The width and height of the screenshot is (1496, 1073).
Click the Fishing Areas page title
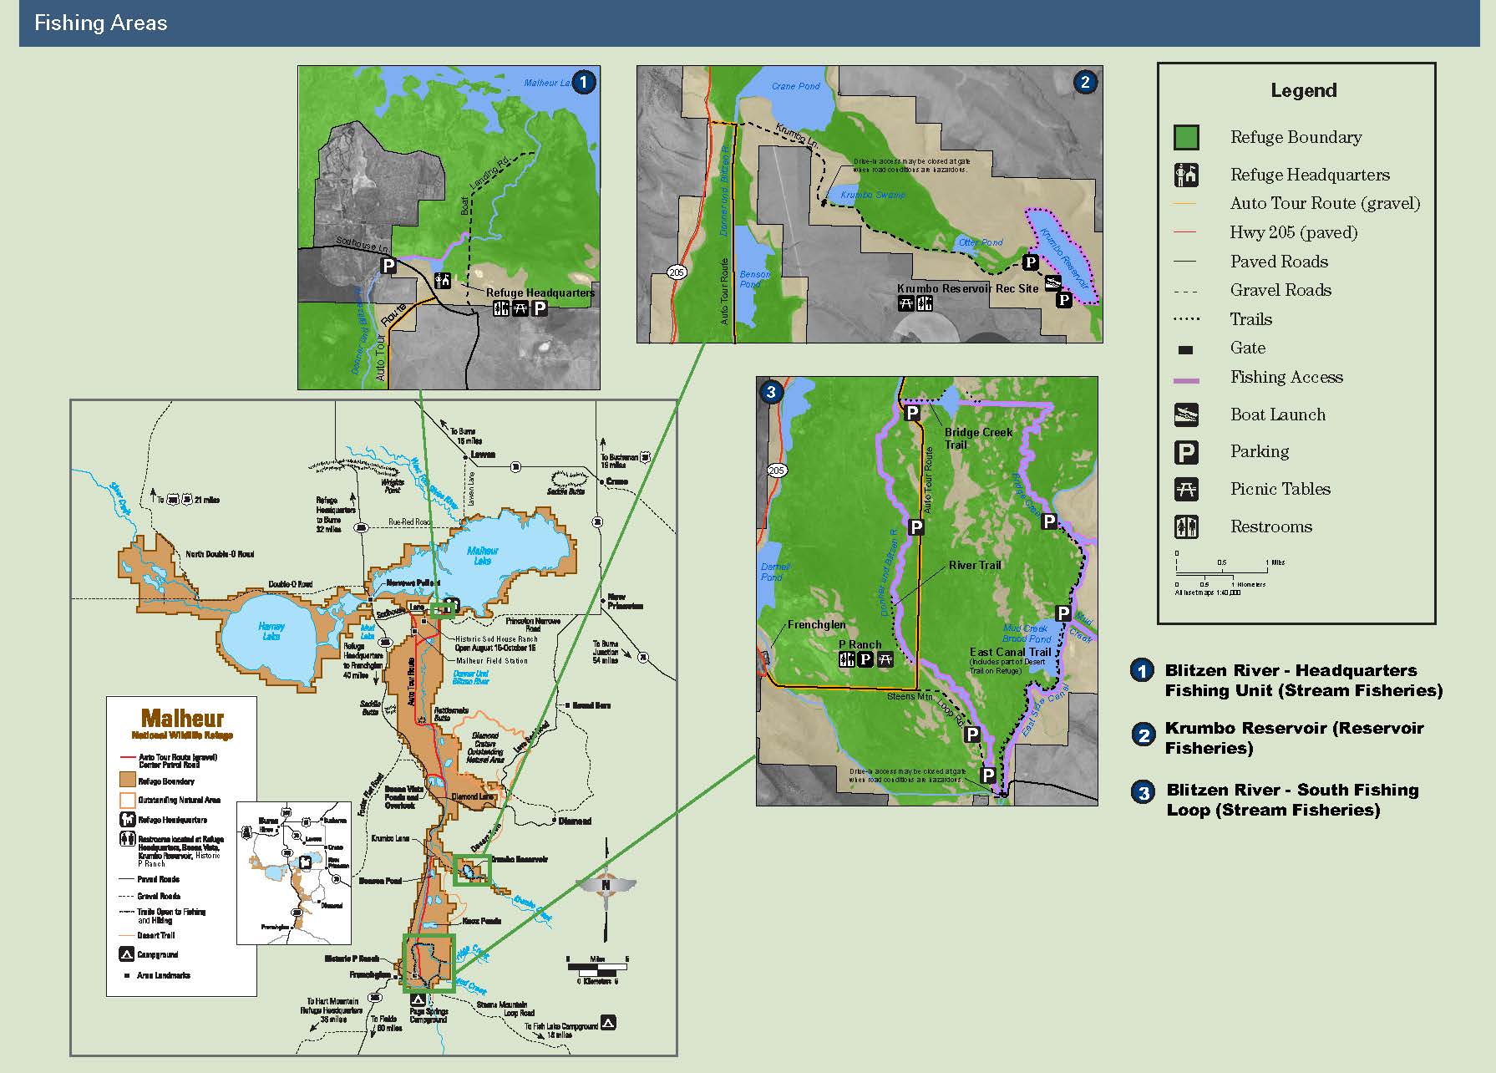click(x=100, y=23)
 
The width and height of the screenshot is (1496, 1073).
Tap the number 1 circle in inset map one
click(x=583, y=82)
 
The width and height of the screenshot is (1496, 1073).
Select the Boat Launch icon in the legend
click(x=1186, y=414)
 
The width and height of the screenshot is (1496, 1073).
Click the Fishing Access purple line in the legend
click(x=1186, y=380)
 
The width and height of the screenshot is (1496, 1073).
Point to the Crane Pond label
click(x=795, y=86)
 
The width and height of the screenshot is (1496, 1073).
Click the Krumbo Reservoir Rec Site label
click(x=967, y=288)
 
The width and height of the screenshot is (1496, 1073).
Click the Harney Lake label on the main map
click(x=271, y=631)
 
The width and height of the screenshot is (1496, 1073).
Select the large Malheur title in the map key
click(x=182, y=718)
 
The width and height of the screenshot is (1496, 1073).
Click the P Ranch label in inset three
click(x=860, y=644)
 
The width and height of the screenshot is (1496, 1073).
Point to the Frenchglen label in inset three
click(x=816, y=624)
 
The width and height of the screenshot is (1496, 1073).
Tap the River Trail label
click(x=974, y=565)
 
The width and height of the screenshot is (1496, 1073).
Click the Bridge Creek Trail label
click(x=977, y=438)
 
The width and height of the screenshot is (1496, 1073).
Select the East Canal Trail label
click(x=1010, y=652)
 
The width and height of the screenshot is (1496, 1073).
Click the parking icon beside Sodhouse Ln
click(x=388, y=266)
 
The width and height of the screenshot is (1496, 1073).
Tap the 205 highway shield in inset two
click(x=677, y=272)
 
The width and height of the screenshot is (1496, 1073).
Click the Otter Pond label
click(x=981, y=242)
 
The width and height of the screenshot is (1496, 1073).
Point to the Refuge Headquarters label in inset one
click(x=540, y=292)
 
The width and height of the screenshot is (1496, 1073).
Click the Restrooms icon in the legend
click(x=1186, y=526)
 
